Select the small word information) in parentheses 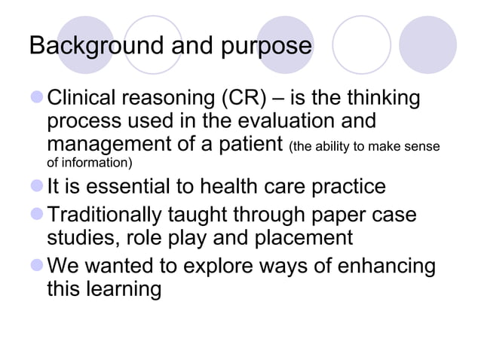pyautogui.click(x=97, y=162)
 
